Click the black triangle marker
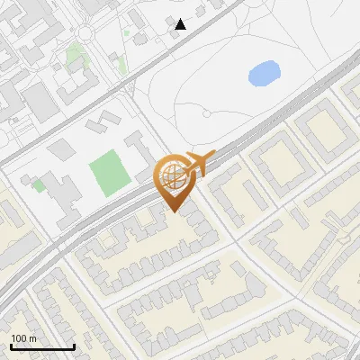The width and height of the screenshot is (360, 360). pos(181,24)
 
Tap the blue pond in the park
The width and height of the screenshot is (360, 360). pos(263,72)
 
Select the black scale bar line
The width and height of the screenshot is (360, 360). pos(41,346)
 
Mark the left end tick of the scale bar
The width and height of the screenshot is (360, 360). pos(11,345)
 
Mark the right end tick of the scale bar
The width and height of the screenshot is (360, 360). pos(73,345)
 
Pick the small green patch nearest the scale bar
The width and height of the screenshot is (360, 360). pos(39,184)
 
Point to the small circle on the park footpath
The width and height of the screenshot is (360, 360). pos(207,114)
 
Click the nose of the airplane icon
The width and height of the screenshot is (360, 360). pos(214,156)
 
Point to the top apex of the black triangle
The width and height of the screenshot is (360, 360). pos(181,19)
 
